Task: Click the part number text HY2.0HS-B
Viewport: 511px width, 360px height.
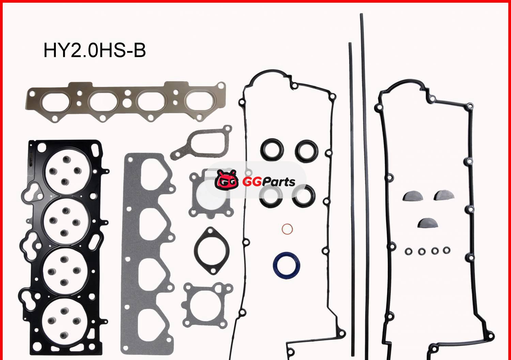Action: tap(95, 50)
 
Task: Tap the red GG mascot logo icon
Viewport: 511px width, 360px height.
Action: tap(226, 179)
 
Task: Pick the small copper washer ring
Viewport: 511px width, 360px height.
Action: tap(288, 229)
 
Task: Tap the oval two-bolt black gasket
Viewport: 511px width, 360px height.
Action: tap(211, 251)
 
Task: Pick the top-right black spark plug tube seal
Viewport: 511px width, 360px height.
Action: tap(307, 150)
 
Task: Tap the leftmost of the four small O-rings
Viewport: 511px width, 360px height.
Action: tap(409, 251)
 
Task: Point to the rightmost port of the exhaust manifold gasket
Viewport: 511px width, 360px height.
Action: tap(197, 101)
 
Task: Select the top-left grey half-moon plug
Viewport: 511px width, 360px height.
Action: tap(413, 196)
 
